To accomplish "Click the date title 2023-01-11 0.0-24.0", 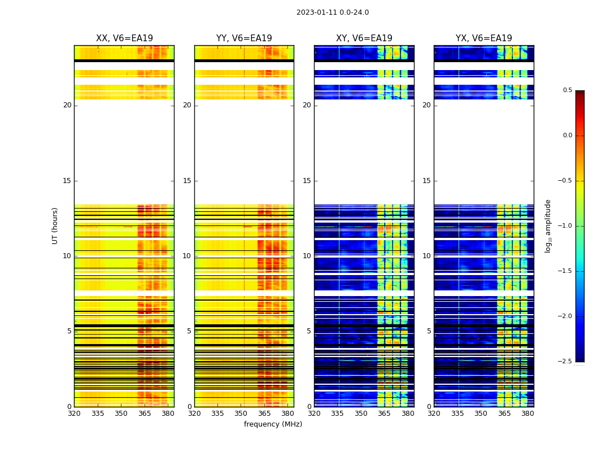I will pos(332,12).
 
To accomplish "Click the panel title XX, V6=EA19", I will pos(124,38).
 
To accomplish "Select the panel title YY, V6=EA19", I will pos(244,38).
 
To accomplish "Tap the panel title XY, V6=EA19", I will pos(364,38).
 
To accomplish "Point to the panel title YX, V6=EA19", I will pos(483,38).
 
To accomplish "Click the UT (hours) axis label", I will pos(55,225).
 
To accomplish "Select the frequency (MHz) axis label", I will pos(273,424).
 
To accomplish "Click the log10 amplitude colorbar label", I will pos(548,225).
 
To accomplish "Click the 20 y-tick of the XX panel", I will pos(67,105).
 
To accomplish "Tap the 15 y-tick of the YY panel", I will pos(187,181).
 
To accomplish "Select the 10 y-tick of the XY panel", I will pos(307,256).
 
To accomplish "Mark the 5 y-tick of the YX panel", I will pos(429,331).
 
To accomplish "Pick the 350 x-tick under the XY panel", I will pos(361,414).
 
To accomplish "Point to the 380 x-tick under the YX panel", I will pos(527,414).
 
